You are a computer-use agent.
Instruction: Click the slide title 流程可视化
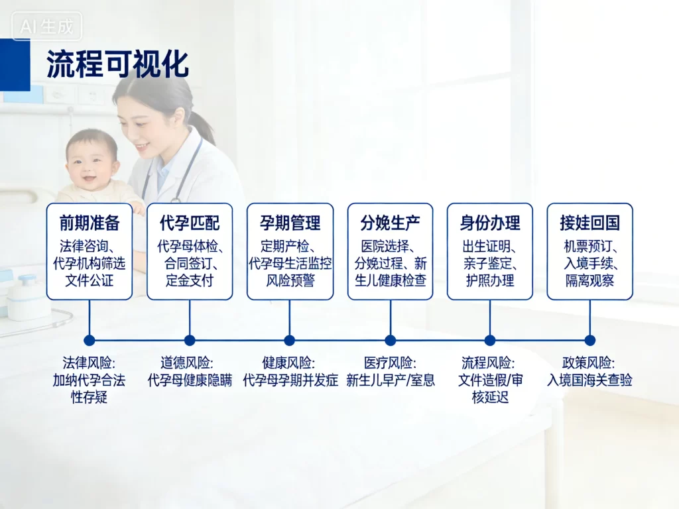click(x=117, y=64)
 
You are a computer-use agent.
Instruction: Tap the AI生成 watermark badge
click(x=46, y=27)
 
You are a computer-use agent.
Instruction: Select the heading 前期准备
click(x=89, y=223)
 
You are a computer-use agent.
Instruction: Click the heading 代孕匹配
click(x=190, y=223)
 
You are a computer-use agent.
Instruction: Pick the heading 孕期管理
click(x=290, y=223)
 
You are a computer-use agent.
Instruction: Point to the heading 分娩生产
click(x=390, y=223)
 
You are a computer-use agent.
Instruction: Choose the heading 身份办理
click(x=490, y=223)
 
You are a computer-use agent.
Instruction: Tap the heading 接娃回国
click(x=589, y=223)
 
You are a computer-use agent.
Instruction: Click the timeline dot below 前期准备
click(x=90, y=340)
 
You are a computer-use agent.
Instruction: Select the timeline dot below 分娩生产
click(x=390, y=340)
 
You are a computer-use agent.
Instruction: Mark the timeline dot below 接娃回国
click(x=589, y=340)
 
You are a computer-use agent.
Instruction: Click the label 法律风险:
click(x=89, y=363)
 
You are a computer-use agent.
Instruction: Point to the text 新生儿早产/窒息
click(x=391, y=380)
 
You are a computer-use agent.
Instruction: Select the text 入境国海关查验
click(x=589, y=380)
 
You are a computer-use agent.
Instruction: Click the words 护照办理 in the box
click(x=490, y=280)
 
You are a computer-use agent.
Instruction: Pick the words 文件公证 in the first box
click(x=89, y=280)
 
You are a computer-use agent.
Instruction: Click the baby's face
click(x=92, y=162)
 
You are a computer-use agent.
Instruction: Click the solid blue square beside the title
click(x=15, y=64)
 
